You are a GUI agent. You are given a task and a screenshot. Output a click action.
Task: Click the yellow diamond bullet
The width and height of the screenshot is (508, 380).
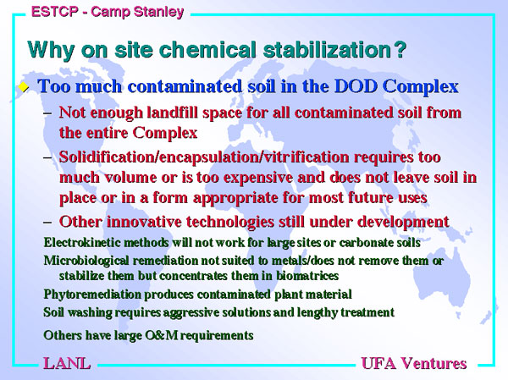pyautogui.click(x=24, y=87)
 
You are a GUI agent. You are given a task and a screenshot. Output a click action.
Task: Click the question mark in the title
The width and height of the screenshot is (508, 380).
pyautogui.click(x=400, y=50)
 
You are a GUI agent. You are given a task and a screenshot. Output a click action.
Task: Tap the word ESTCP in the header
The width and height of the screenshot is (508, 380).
pyautogui.click(x=55, y=12)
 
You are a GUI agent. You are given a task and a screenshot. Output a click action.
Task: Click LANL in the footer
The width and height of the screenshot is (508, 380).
pyautogui.click(x=67, y=363)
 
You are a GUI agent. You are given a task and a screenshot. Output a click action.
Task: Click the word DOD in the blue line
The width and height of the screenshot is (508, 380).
pyautogui.click(x=356, y=86)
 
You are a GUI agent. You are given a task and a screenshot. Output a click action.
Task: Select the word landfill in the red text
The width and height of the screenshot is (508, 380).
pyautogui.click(x=173, y=113)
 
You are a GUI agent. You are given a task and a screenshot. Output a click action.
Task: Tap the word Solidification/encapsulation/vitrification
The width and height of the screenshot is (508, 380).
pyautogui.click(x=204, y=157)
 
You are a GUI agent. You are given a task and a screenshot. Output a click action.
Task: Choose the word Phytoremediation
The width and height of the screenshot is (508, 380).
pyautogui.click(x=92, y=295)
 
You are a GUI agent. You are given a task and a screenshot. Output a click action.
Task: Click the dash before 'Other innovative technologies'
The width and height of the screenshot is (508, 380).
pyautogui.click(x=47, y=223)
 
